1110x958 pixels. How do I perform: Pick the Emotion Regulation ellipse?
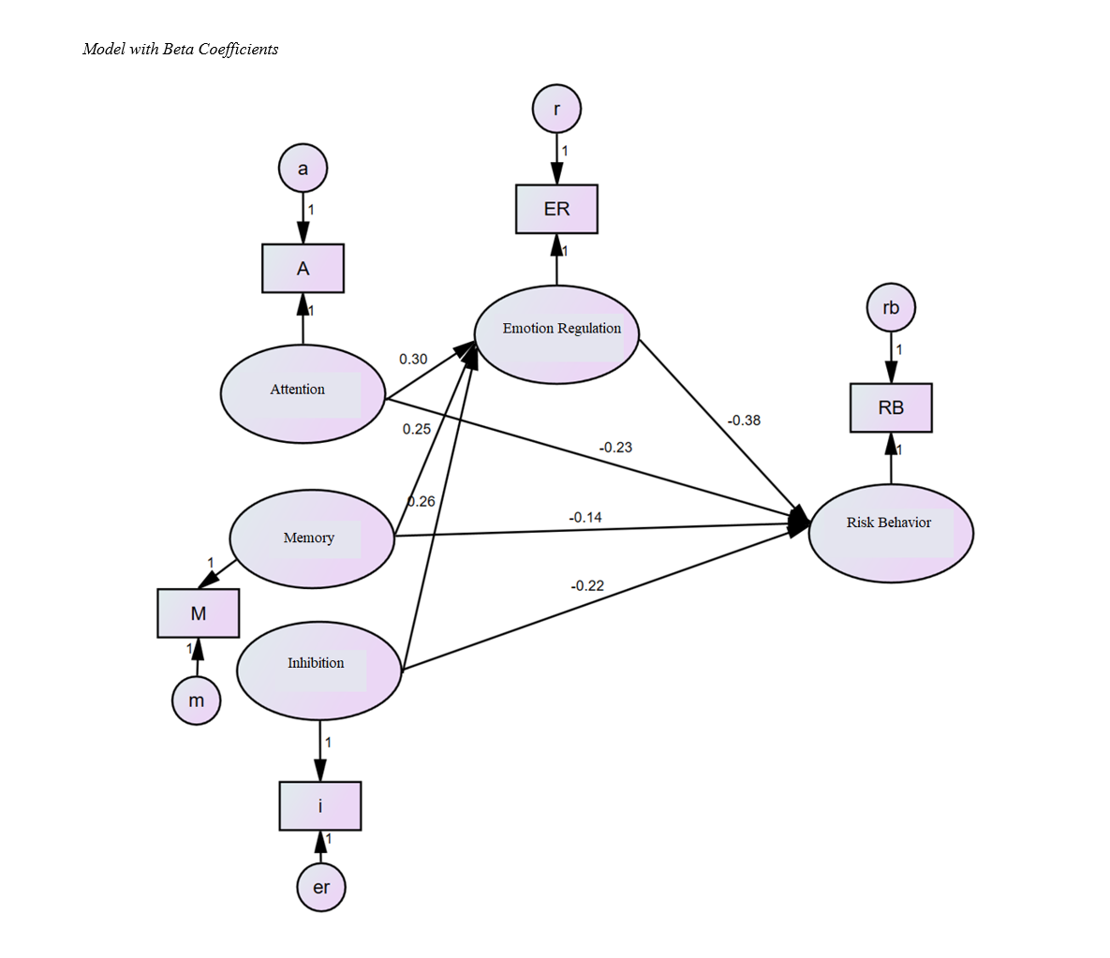click(556, 333)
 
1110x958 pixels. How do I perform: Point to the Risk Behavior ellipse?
click(890, 533)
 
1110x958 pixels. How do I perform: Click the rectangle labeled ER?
click(556, 209)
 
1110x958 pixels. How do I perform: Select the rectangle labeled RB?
click(891, 408)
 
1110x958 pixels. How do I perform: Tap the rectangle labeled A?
click(303, 269)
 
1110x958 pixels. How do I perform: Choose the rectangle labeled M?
click(198, 613)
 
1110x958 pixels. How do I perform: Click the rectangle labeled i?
click(320, 805)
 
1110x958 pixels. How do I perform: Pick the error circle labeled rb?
click(891, 308)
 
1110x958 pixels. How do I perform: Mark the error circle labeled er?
click(321, 887)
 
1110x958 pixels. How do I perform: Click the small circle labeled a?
click(303, 169)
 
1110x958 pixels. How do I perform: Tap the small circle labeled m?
click(197, 700)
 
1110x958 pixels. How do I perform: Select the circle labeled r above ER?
click(556, 110)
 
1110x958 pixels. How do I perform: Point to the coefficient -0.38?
click(744, 420)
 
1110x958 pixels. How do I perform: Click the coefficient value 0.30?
click(413, 359)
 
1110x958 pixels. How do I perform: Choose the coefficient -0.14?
click(585, 517)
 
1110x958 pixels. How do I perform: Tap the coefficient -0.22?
click(587, 586)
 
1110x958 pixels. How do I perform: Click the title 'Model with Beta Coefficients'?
click(180, 49)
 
